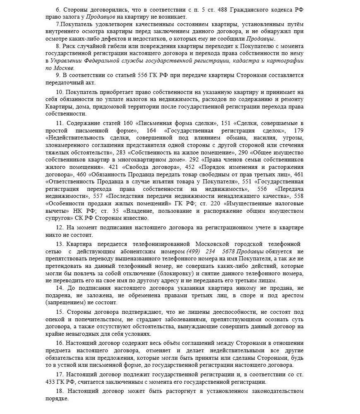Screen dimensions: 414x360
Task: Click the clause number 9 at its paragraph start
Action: click(x=58, y=75)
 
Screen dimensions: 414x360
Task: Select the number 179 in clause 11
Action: click(x=298, y=130)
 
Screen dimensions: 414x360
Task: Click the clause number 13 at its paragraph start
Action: click(x=59, y=244)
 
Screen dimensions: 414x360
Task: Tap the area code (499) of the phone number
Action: click(x=196, y=251)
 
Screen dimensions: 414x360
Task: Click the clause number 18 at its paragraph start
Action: click(x=59, y=391)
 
